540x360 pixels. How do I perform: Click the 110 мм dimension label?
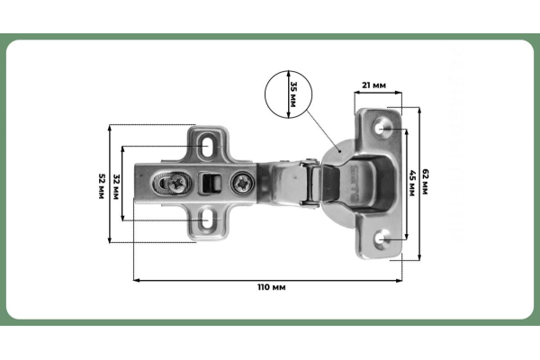pos(272,287)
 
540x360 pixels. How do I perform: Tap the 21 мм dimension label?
pos(373,85)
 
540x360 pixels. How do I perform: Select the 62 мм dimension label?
pos(425,182)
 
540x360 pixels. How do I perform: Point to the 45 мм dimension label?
pos(411,183)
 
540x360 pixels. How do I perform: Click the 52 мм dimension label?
pos(101,186)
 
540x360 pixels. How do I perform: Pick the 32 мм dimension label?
pos(116,187)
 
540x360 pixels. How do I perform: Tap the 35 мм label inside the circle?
pos(293,94)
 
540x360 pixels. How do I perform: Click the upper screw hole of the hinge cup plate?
pos(382,128)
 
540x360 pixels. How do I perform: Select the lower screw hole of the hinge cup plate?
pos(382,238)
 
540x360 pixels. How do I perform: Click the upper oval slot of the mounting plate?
pos(207,146)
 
